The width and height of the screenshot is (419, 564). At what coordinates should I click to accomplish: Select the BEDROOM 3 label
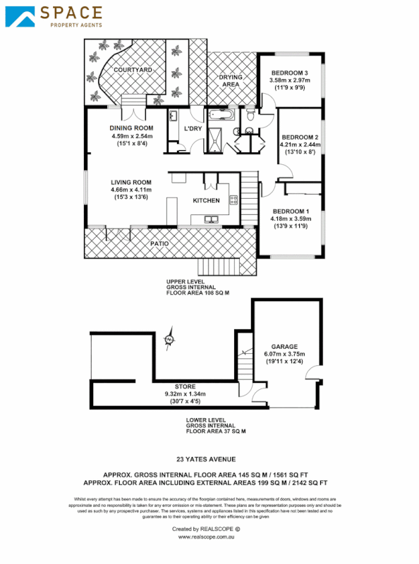(x=290, y=73)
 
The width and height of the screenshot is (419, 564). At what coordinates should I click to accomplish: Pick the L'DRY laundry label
(x=193, y=128)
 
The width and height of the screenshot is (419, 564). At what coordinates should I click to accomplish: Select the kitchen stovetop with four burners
(x=233, y=200)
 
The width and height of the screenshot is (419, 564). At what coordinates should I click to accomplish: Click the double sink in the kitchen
(x=212, y=220)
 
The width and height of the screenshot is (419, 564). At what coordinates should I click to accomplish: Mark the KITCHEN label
(x=207, y=200)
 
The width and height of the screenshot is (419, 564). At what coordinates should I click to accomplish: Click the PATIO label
(x=159, y=244)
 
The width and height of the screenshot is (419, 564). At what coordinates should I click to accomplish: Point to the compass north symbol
(x=169, y=342)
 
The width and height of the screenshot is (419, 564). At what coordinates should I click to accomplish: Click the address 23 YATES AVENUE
(x=209, y=458)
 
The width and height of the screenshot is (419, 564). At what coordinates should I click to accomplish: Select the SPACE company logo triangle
(x=19, y=16)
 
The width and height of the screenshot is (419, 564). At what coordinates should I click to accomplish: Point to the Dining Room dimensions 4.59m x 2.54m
(x=132, y=136)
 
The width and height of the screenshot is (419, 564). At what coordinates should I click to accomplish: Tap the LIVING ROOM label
(x=132, y=182)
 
